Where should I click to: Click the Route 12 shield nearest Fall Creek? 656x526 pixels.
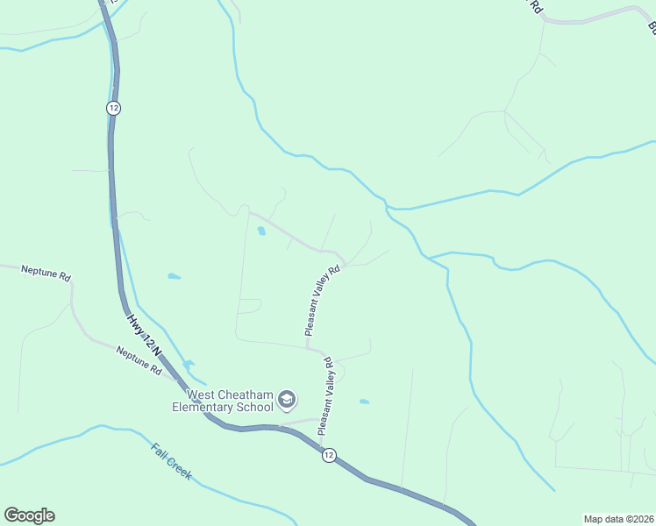pos(328,455)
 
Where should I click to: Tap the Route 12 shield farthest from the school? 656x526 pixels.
pos(113,107)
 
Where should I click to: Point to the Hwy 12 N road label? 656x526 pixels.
pos(144,335)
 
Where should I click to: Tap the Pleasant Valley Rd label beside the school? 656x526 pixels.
pos(325,396)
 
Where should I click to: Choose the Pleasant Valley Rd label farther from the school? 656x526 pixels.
pos(322,301)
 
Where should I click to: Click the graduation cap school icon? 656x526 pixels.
pos(286,401)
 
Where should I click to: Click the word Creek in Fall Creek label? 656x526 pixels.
pos(179,469)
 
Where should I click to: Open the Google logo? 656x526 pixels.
pos(29,515)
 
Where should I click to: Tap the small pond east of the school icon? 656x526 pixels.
pos(364,402)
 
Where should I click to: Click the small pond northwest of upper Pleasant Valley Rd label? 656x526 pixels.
pos(261,232)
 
